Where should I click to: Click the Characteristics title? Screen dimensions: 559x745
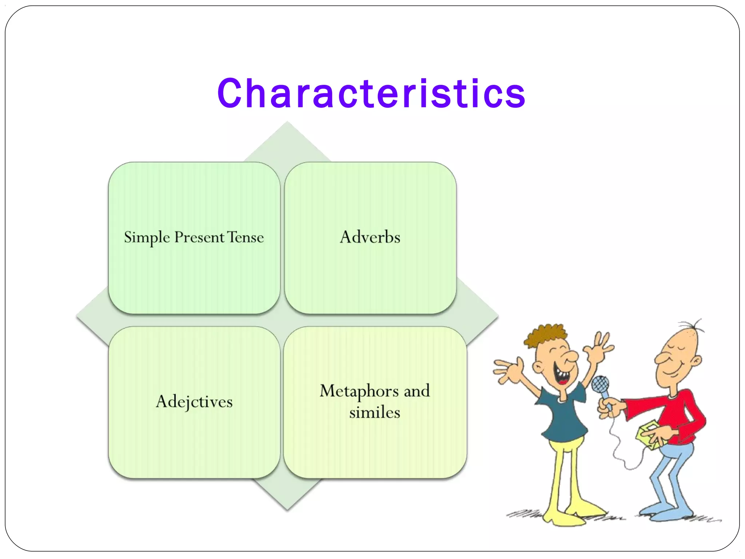click(x=371, y=94)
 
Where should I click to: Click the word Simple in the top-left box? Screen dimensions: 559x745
click(x=147, y=238)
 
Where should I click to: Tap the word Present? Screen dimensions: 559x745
click(x=199, y=238)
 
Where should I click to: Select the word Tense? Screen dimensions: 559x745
click(x=246, y=237)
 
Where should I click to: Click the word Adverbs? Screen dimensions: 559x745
click(x=370, y=237)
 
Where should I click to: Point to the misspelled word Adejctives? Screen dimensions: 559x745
click(x=194, y=402)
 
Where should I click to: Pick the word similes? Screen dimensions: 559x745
click(x=374, y=413)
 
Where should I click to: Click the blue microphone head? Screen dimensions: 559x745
click(x=600, y=384)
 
